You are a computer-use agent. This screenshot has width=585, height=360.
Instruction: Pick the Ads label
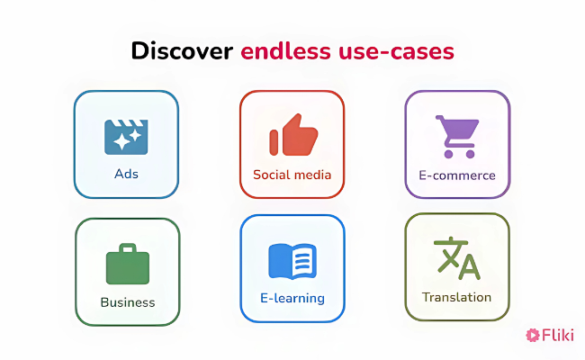(126, 174)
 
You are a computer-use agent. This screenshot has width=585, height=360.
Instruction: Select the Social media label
(292, 175)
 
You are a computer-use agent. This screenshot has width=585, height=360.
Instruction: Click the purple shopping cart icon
(457, 135)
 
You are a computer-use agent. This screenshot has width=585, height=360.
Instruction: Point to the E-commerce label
(457, 175)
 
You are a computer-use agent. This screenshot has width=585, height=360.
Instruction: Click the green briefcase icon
(127, 265)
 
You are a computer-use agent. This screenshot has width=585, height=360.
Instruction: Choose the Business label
(127, 302)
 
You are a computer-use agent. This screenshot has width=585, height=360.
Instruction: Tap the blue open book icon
(292, 261)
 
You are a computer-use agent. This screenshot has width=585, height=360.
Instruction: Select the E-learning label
(292, 298)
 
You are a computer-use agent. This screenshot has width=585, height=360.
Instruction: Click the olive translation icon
(457, 258)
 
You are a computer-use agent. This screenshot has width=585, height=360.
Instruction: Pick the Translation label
(457, 297)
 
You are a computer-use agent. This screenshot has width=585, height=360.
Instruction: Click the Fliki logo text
(558, 336)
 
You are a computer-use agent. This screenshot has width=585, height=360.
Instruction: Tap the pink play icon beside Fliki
(533, 336)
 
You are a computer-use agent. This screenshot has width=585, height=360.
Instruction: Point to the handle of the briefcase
(127, 248)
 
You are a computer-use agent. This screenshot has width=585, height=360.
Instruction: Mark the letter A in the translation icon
(469, 266)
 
